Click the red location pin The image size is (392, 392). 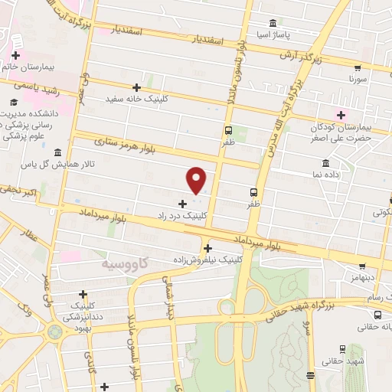point(197,180)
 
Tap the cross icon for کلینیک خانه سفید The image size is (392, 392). point(137,87)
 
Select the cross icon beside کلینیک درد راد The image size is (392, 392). point(182,204)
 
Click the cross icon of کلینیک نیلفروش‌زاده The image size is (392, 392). point(207,248)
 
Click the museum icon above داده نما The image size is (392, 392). point(326,163)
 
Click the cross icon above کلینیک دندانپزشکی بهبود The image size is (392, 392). point(83,294)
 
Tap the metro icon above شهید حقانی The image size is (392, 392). point(341,348)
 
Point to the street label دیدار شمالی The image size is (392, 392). point(170,292)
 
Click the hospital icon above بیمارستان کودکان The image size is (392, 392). point(329,115)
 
